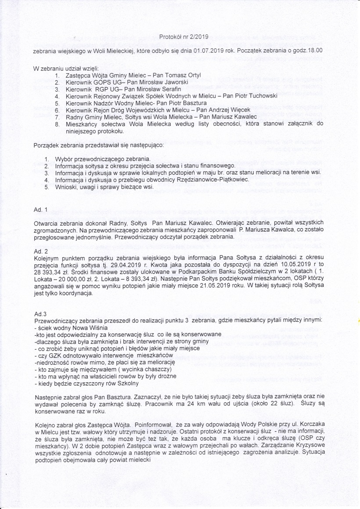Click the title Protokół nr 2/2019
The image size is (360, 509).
(x=184, y=36)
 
